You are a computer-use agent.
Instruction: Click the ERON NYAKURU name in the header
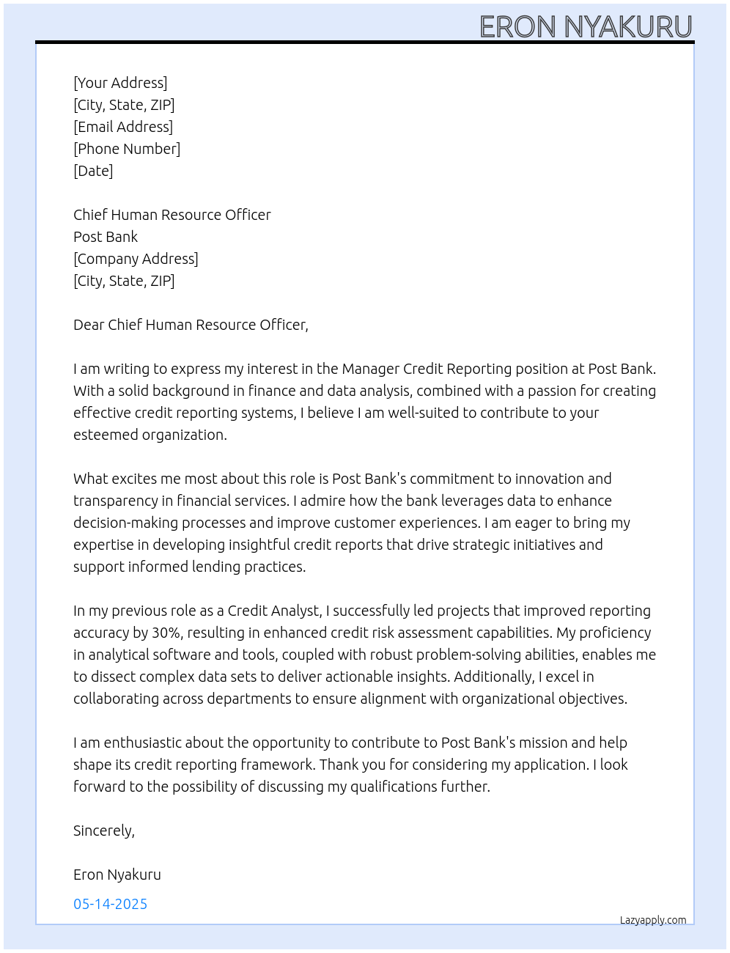pyautogui.click(x=586, y=27)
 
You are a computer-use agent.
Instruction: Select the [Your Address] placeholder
pyautogui.click(x=120, y=83)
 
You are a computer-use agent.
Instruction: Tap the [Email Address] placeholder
pyautogui.click(x=123, y=127)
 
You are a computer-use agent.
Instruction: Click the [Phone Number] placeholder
pyautogui.click(x=127, y=149)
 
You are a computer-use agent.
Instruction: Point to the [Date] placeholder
pyautogui.click(x=93, y=171)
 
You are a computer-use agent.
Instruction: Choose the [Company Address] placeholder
pyautogui.click(x=136, y=259)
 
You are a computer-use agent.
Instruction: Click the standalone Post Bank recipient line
pyautogui.click(x=106, y=237)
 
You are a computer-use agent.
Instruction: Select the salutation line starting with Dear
pyautogui.click(x=191, y=325)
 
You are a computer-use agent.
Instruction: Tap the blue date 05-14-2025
pyautogui.click(x=110, y=904)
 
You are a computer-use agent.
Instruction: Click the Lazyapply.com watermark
pyautogui.click(x=653, y=920)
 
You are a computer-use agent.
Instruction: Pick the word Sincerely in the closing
pyautogui.click(x=103, y=831)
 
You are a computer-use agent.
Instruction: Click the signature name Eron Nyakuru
pyautogui.click(x=117, y=875)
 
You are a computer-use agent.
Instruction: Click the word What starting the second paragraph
pyautogui.click(x=91, y=479)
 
